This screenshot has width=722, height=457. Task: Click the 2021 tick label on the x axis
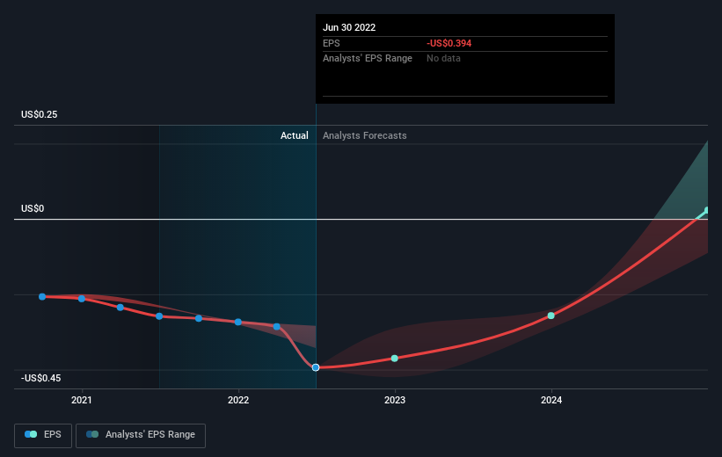coord(82,400)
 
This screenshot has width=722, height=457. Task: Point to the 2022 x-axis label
coord(238,400)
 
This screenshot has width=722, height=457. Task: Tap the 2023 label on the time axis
coord(395,400)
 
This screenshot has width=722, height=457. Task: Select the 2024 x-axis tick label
coord(551,400)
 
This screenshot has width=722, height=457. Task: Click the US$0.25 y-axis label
coord(40,114)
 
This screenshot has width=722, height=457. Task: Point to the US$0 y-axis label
coord(33,208)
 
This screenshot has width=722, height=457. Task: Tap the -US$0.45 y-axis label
coord(41,378)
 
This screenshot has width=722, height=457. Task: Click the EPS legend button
coord(43,435)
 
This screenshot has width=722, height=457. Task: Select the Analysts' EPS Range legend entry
coord(141,435)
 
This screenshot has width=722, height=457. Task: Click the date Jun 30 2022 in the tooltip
coord(349,27)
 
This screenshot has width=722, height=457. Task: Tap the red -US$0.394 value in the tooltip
coord(449,43)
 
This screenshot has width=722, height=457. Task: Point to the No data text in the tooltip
coord(443,59)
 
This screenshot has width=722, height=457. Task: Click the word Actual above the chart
coord(295,135)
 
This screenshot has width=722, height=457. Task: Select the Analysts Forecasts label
coord(365,135)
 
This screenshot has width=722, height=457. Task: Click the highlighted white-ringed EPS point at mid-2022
coord(316,367)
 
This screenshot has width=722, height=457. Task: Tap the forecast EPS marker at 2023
coord(395,358)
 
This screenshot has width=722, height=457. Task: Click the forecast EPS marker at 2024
coord(551,316)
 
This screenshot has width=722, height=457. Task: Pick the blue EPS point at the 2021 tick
coord(82,299)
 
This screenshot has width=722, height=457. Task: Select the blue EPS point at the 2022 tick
coord(238,322)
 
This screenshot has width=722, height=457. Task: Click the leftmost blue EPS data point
coord(42,296)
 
